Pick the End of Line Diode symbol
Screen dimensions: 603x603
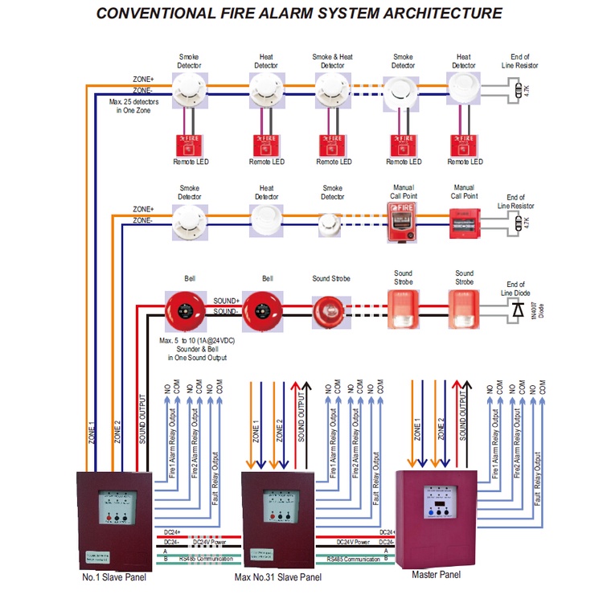point(515,311)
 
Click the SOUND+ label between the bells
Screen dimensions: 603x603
point(226,301)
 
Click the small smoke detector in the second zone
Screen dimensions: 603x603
point(331,223)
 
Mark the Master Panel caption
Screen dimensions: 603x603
point(436,574)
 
